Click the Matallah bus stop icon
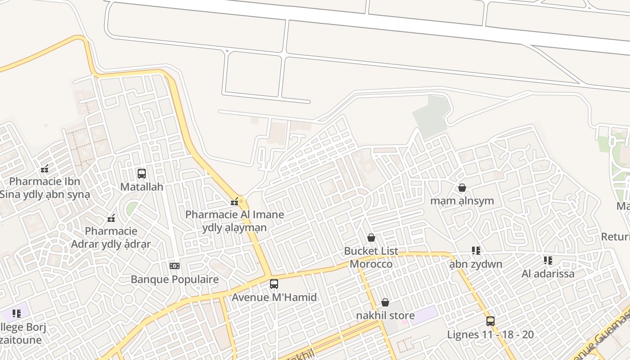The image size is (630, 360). tap(142, 173)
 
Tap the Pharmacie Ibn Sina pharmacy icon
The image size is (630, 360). tap(45, 169)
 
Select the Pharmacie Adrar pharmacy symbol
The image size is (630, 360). tap(111, 219)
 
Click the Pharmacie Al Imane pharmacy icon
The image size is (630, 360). tap(234, 201)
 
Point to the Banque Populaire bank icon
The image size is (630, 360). tap(175, 266)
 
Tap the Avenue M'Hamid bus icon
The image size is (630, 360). tap(274, 284)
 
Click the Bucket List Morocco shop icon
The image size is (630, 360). tap(371, 238)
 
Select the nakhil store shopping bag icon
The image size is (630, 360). tap(385, 302)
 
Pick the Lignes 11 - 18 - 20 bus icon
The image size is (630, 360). tap(490, 321)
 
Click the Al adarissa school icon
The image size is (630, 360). tap(548, 261)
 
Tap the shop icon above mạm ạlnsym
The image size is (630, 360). tap(462, 188)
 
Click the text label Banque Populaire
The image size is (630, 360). tap(175, 279)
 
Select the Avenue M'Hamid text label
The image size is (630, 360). tap(274, 297)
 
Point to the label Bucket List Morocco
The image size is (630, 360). tap(371, 257)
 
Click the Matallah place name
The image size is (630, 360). tap(142, 187)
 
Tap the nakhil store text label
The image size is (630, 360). tap(385, 315)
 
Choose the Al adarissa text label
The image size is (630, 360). tap(548, 274)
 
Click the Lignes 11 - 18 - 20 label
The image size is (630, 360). tap(490, 334)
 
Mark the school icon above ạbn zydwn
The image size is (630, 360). tap(476, 250)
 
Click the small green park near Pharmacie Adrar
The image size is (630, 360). tap(132, 208)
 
